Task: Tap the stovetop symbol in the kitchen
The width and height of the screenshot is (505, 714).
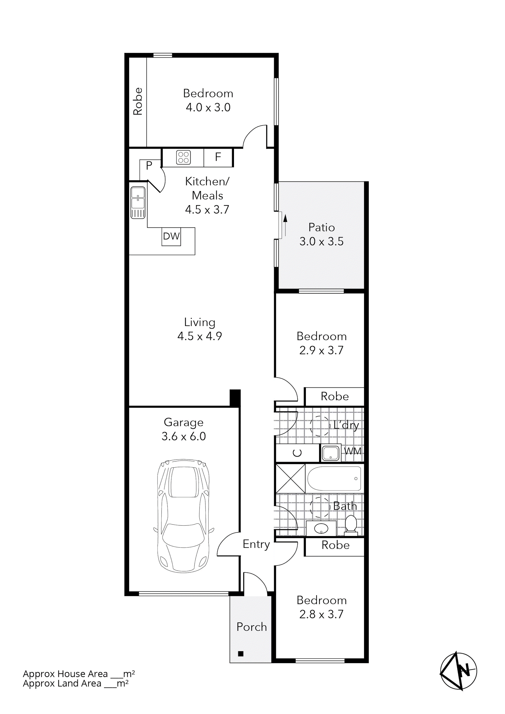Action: [x=183, y=157]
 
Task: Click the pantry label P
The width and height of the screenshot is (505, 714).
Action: [x=149, y=165]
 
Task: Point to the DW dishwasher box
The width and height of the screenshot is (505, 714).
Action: [x=171, y=236]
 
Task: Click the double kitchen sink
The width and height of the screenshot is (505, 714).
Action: [x=138, y=202]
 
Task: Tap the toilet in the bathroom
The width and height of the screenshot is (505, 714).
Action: [x=351, y=525]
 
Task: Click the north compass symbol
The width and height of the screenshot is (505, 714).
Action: [x=458, y=671]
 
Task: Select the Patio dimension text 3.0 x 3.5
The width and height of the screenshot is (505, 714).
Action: [x=322, y=242]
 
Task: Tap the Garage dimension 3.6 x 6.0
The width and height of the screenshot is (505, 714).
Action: [x=183, y=436]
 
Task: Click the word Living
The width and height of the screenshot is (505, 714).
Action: [x=199, y=322]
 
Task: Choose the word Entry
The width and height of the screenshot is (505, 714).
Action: [x=256, y=544]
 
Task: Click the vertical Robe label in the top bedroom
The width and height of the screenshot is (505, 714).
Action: [x=138, y=101]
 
